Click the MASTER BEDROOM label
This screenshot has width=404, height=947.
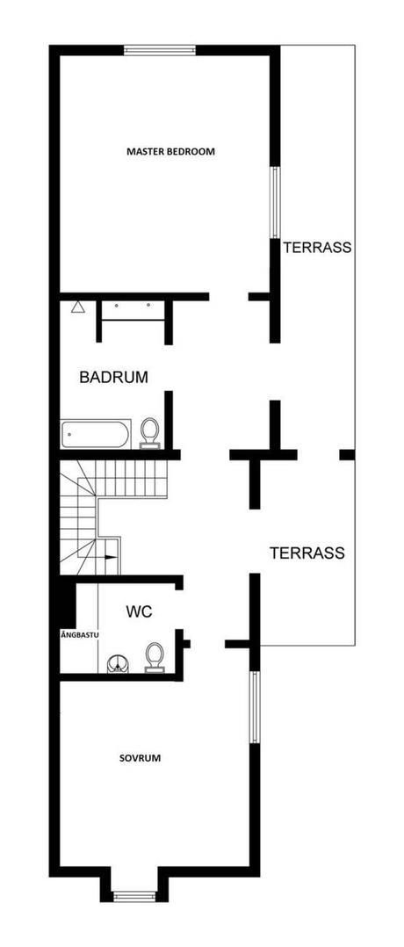[x=170, y=152]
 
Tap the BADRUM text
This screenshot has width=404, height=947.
[x=113, y=378]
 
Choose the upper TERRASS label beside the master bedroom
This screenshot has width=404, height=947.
[x=317, y=248]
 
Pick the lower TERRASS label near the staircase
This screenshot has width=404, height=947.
[x=307, y=553]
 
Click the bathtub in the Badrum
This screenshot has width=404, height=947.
[x=96, y=433]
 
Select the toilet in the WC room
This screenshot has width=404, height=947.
[x=155, y=656]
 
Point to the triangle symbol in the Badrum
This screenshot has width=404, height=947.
[x=78, y=307]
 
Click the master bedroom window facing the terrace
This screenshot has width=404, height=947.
[x=275, y=202]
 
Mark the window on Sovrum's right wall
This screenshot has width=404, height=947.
[x=254, y=708]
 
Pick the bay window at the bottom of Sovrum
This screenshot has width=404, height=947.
[x=134, y=896]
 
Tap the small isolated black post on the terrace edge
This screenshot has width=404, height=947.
[x=347, y=454]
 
